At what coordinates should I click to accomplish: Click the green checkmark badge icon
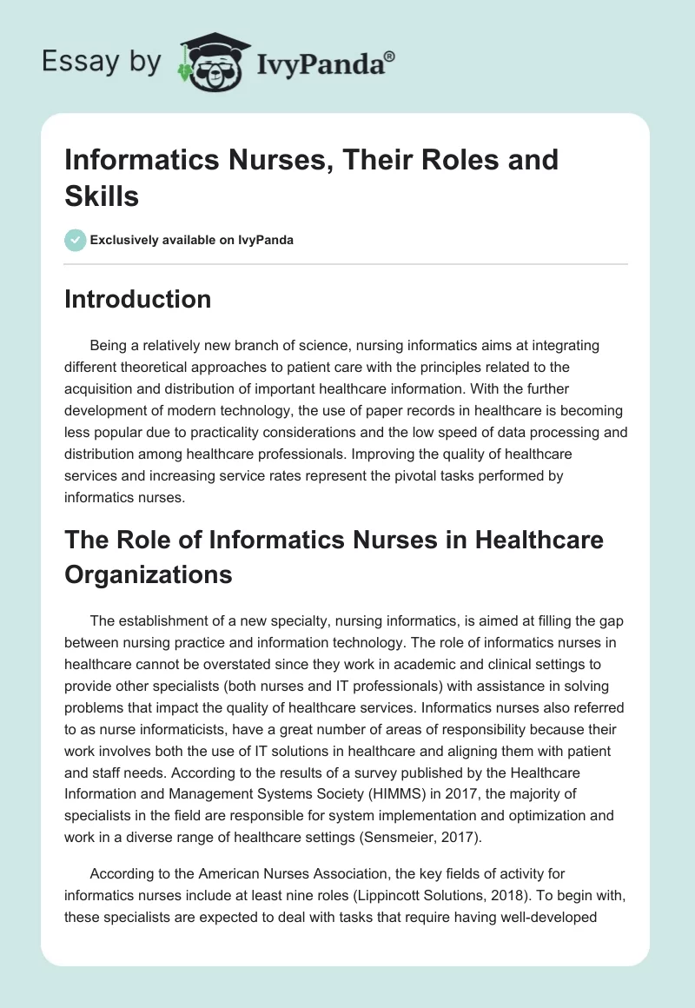pos(76,240)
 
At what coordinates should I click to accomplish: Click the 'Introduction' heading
pos(138,299)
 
